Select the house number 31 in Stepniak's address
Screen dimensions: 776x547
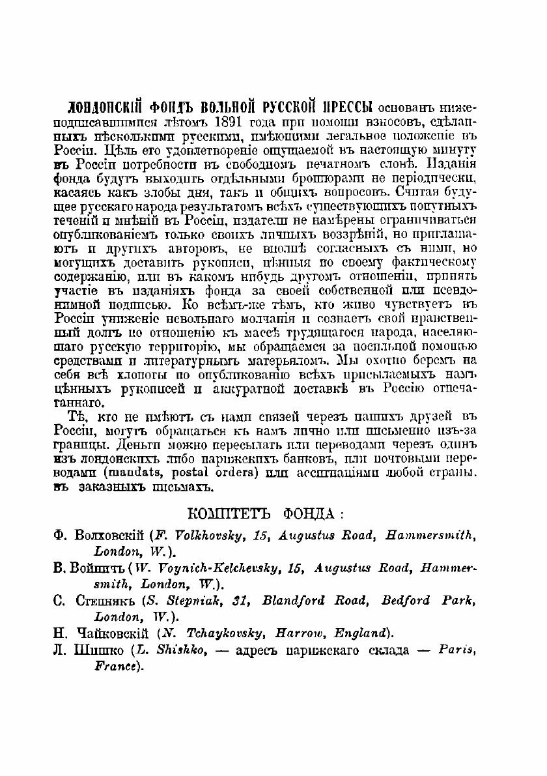pos(230,600)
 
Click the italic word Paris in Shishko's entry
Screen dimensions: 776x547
pos(454,650)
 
